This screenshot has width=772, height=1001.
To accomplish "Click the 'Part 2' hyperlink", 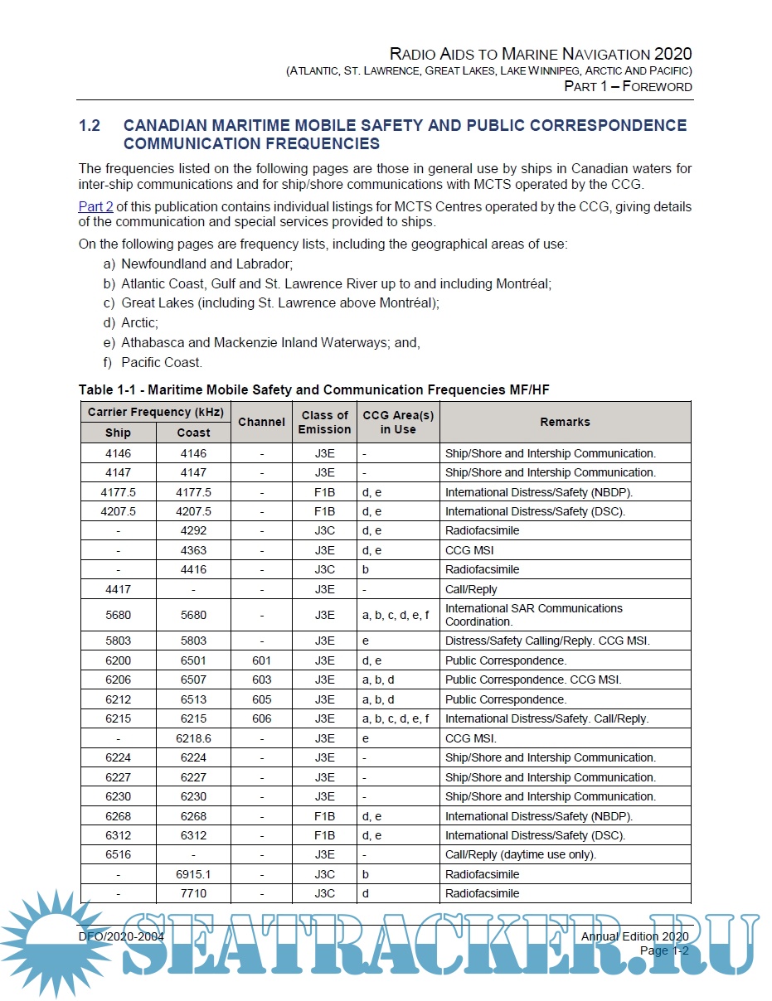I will (95, 206).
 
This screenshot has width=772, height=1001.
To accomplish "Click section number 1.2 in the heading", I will (90, 126).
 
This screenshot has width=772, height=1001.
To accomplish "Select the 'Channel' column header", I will (261, 422).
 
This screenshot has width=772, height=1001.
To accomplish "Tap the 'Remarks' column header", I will (565, 422).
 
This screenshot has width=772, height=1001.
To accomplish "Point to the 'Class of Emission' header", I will (324, 422).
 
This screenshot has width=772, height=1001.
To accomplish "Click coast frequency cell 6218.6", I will (193, 738).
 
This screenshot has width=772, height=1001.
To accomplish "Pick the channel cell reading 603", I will (261, 679).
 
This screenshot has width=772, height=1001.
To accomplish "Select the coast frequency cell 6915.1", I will (193, 874).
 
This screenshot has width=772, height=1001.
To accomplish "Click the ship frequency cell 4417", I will (118, 589).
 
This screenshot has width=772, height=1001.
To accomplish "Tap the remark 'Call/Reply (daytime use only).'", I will (520, 854).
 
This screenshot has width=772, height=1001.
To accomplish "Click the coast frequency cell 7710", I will (193, 893).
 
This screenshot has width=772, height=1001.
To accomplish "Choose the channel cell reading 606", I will (261, 718).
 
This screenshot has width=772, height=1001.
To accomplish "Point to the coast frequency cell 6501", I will (193, 660).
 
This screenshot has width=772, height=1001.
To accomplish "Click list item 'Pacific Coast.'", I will (161, 362).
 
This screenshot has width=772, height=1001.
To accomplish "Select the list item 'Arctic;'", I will (139, 322).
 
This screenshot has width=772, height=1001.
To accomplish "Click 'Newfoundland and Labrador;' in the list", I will (207, 264).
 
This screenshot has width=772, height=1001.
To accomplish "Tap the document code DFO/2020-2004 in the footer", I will (121, 936).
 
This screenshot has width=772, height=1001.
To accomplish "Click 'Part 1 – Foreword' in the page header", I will (628, 86).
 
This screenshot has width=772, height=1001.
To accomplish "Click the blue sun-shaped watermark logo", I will (51, 943).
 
